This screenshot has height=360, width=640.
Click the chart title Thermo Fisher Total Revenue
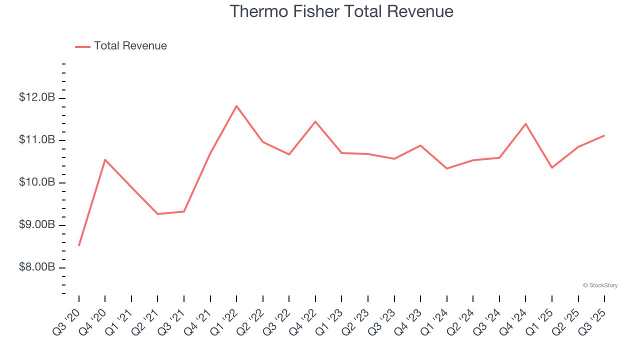click(341, 11)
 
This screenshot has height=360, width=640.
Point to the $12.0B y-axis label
click(37, 97)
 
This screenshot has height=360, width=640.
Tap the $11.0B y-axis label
click(37, 140)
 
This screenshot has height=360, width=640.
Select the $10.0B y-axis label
click(37, 182)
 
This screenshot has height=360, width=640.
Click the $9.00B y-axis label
click(37, 225)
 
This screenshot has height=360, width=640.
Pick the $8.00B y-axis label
click(37, 267)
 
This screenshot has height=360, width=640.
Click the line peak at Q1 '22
click(236, 105)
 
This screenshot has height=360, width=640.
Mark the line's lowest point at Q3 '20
click(79, 245)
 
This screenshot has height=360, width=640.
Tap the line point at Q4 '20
click(105, 159)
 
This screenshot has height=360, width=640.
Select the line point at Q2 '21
click(157, 214)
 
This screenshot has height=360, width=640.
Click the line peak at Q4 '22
click(315, 121)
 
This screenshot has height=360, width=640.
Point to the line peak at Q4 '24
click(525, 123)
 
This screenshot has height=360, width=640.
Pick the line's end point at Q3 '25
click(604, 135)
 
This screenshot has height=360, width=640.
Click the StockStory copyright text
click(600, 285)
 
